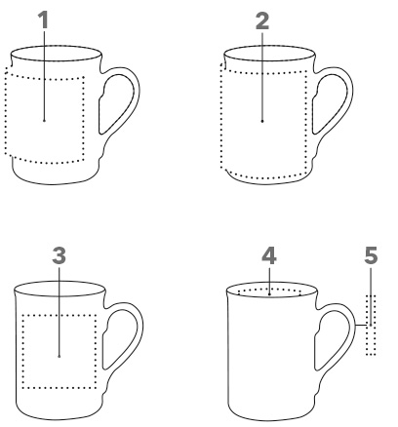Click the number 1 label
coord(44,19)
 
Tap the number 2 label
coord(262,21)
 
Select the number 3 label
coord(59,255)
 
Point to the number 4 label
coord(269,255)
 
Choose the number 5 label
coord(371,255)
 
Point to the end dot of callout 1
coord(44,121)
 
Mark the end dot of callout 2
coord(262,121)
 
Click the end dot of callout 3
coord(59,356)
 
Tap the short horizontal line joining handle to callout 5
coord(363,325)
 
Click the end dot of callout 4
coord(270,294)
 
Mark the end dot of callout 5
coord(371,325)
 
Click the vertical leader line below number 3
coord(59,311)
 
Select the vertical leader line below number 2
coord(262,76)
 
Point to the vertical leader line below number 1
coord(44,75)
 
